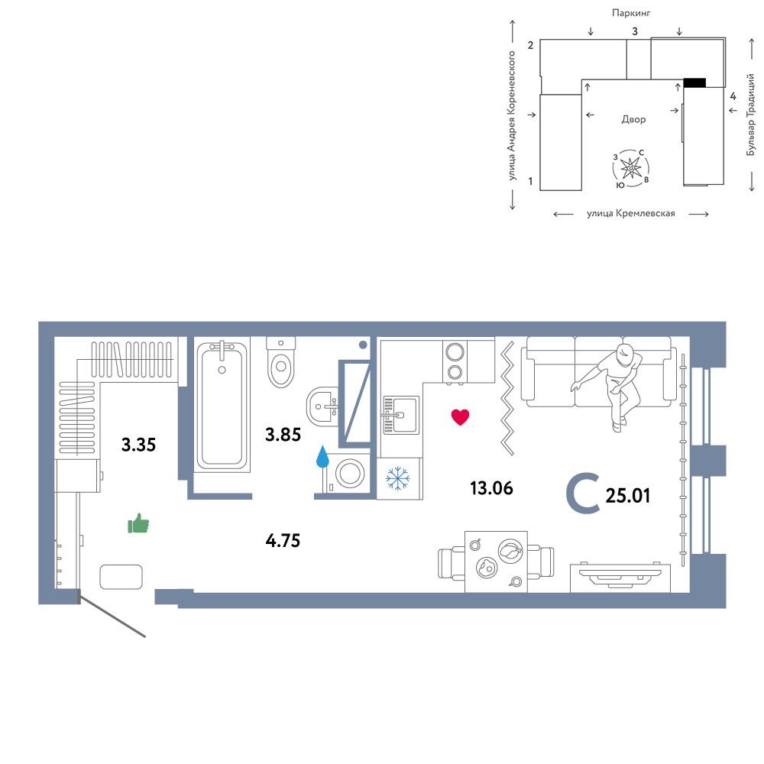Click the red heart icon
[460, 417]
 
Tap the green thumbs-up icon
[138, 523]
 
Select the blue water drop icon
[322, 456]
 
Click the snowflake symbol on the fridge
[398, 478]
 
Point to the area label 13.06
[491, 487]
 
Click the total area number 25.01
[627, 496]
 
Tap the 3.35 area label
[138, 445]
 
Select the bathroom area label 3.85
[283, 434]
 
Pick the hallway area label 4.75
[283, 540]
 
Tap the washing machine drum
[349, 472]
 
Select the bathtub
[222, 404]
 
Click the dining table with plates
[496, 562]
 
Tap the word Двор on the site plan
[633, 119]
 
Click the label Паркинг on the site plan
[631, 13]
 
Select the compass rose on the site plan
[631, 168]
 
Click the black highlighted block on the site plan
[694, 83]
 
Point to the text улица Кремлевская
[631, 213]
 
